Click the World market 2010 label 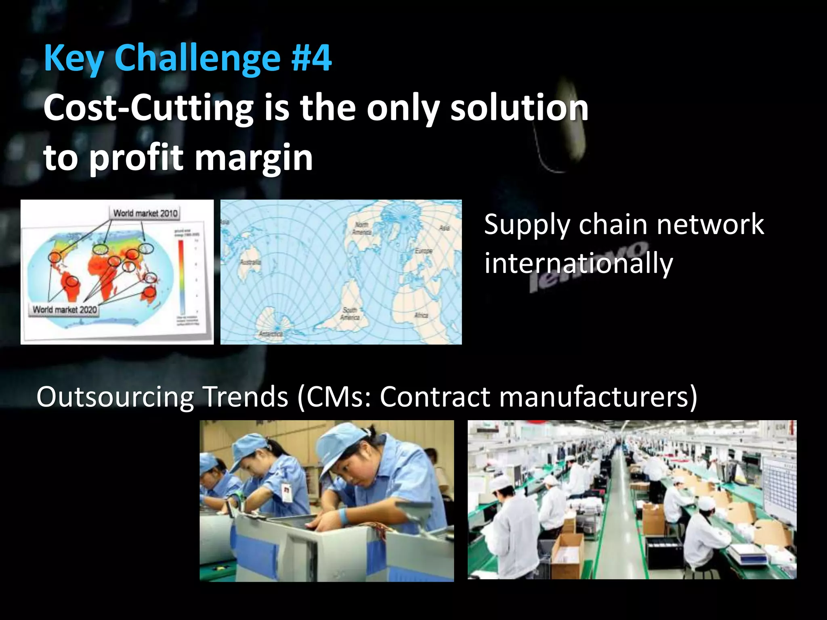tap(145, 213)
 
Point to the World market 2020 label tap(65, 310)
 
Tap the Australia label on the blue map tap(250, 262)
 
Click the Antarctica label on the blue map tap(271, 334)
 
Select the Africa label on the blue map tap(421, 315)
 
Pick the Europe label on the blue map tap(423, 251)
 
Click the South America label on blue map tap(349, 314)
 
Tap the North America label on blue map tap(361, 228)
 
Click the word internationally tap(578, 263)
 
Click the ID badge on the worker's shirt tap(286, 493)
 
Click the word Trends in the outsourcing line tap(246, 397)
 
